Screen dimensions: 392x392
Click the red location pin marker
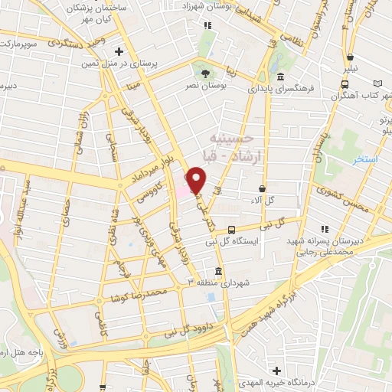click(x=196, y=181)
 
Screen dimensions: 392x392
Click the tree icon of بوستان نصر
click(x=204, y=73)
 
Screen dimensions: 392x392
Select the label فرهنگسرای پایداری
click(x=302, y=89)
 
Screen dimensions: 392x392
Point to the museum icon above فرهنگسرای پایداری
click(x=281, y=77)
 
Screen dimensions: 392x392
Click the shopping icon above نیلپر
click(x=350, y=57)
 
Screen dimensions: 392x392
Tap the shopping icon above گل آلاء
click(x=263, y=188)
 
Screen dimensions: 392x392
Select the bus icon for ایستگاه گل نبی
click(x=231, y=228)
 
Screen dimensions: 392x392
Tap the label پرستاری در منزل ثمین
click(x=161, y=64)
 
